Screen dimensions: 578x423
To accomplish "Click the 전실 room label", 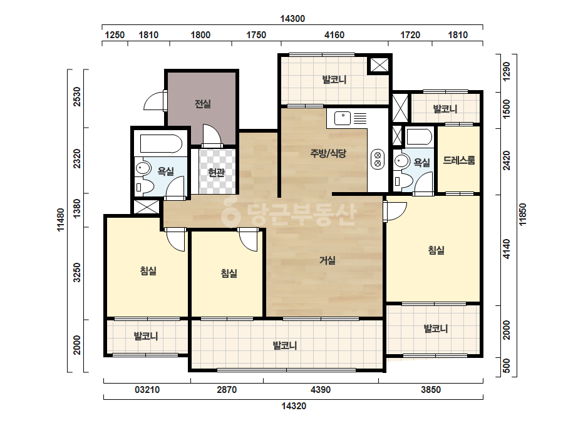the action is (x=203, y=104).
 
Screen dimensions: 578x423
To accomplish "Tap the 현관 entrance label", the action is (x=217, y=172).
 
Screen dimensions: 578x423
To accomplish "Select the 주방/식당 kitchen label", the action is (x=328, y=153).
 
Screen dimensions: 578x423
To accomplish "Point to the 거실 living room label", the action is (x=328, y=260).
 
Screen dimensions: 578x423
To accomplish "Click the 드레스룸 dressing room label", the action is (x=459, y=160).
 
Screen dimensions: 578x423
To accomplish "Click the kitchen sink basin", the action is (x=343, y=118).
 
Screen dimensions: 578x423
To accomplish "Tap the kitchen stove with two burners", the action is (x=378, y=159).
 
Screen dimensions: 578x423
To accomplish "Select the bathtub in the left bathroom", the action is (x=161, y=144).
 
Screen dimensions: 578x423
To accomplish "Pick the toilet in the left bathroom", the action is (x=144, y=186).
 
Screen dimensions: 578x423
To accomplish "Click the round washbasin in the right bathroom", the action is (x=401, y=161).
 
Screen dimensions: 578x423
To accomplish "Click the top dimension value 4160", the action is (x=334, y=35).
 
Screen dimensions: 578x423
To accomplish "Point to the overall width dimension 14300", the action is (x=292, y=19).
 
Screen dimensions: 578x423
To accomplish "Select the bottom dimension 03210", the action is (x=147, y=389).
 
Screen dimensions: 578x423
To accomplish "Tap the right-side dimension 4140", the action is (x=507, y=249).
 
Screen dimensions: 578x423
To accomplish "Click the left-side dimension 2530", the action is (x=76, y=96).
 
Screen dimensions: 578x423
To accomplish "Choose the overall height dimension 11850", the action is (x=523, y=215).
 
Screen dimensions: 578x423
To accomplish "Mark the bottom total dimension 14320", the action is (x=294, y=406).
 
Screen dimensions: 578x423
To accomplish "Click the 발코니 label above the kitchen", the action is (x=334, y=79).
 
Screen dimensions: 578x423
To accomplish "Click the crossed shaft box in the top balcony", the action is (x=379, y=65).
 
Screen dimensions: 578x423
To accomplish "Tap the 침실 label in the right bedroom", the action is (x=436, y=250).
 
